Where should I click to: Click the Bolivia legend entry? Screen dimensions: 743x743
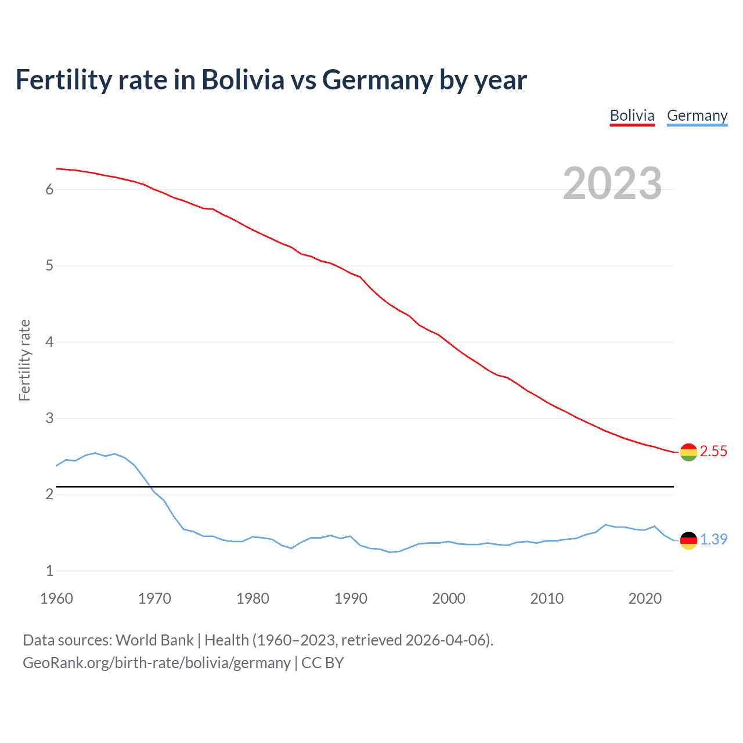(x=632, y=116)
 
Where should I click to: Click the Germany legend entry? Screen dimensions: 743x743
(x=697, y=116)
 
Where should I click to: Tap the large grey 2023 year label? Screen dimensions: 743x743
(x=612, y=183)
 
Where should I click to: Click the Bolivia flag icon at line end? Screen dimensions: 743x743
(x=688, y=452)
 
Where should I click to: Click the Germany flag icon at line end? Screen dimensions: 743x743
(x=688, y=540)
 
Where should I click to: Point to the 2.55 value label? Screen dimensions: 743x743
(x=713, y=452)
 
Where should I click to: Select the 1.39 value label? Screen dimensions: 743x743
(x=713, y=540)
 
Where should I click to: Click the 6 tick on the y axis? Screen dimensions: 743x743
(x=49, y=190)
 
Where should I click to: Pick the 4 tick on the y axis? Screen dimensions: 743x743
(x=49, y=342)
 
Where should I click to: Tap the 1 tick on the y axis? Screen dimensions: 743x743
(x=49, y=571)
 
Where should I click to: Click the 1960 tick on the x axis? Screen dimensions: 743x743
(x=56, y=598)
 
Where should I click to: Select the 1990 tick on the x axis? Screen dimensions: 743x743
(x=351, y=598)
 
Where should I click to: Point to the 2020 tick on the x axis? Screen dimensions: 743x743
(x=645, y=598)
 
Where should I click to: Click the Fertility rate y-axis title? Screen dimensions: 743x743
(x=24, y=360)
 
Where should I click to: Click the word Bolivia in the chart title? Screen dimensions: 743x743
(x=243, y=80)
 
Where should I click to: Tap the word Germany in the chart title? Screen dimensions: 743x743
(x=377, y=80)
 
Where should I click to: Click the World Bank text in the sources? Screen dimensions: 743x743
(x=154, y=640)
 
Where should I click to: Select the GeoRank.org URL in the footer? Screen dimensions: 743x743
(x=157, y=663)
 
